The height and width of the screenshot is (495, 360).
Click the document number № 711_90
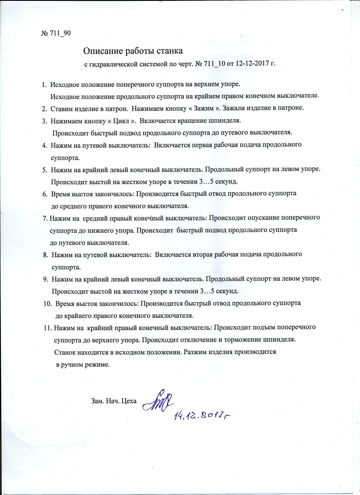[56, 33]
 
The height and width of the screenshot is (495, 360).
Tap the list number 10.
[47, 304]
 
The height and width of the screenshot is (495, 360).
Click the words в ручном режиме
[83, 365]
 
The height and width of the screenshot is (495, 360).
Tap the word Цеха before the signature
[129, 401]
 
